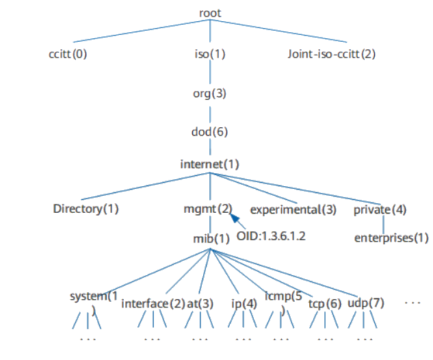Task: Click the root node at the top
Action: (x=210, y=13)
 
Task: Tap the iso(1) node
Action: (x=210, y=53)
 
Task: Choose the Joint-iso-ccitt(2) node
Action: (x=332, y=53)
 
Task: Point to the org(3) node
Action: (x=209, y=93)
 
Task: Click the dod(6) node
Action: (x=209, y=132)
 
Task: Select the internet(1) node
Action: (x=209, y=164)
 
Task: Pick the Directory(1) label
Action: (x=86, y=209)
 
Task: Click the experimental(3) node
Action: (x=293, y=209)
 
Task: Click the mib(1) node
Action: (x=211, y=240)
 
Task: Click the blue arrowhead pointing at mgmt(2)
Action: (x=234, y=218)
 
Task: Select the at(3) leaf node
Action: (x=200, y=303)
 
